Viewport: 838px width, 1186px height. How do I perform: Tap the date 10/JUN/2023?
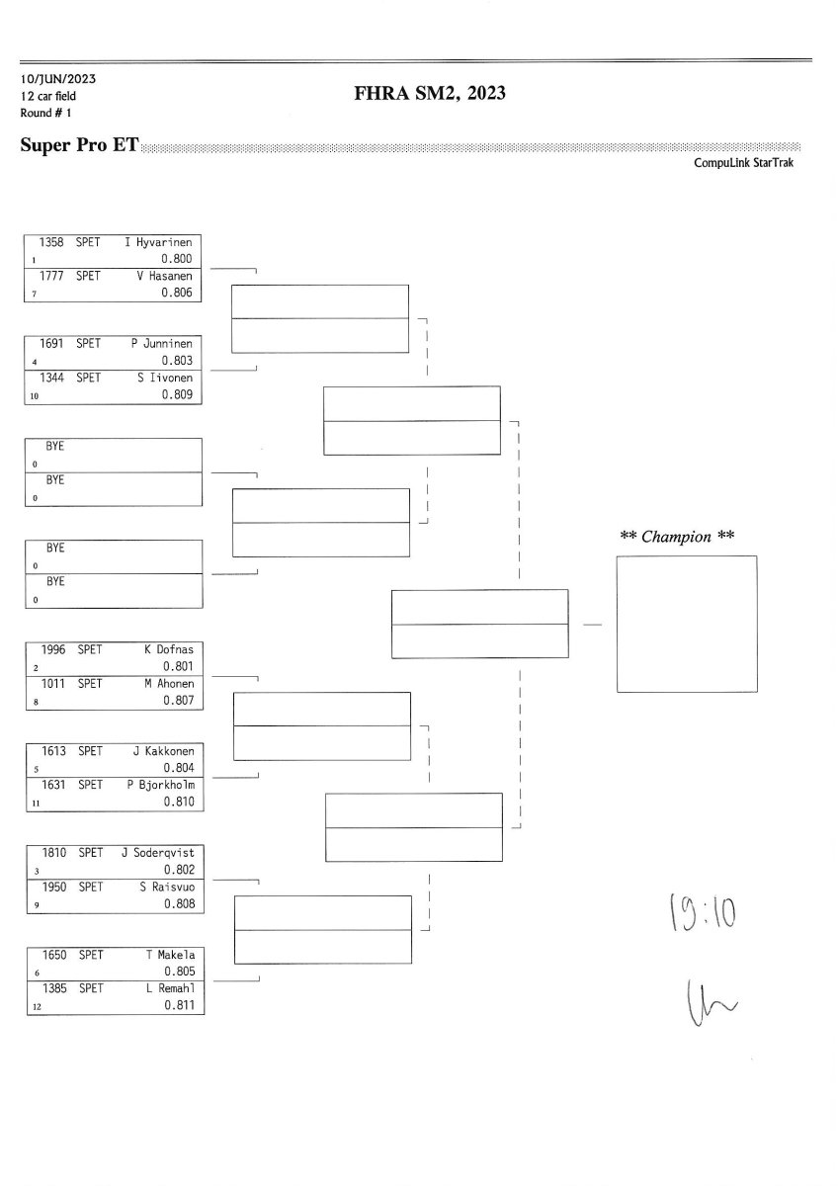coord(57,79)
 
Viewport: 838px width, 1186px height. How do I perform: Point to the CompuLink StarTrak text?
coord(743,163)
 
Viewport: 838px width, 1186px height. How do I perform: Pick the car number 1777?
coord(53,277)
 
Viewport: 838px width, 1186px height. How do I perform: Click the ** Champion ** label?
coord(677,537)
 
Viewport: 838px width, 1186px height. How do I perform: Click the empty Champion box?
coord(686,624)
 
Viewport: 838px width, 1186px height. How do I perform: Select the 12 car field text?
coord(47,96)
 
